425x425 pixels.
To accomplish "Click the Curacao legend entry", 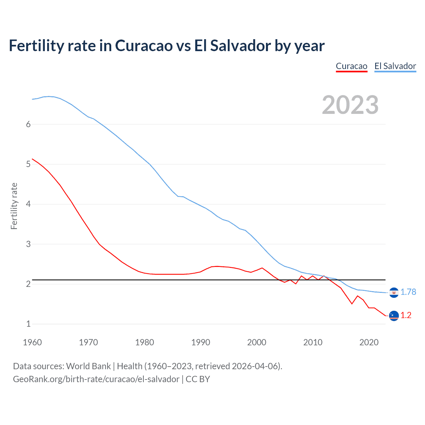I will coord(351,66).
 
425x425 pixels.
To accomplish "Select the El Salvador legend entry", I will coord(395,66).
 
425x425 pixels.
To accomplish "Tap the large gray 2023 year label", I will coord(350,105).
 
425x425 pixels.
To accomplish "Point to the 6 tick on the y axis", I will coord(28,124).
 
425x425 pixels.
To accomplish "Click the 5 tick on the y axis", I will coord(28,164).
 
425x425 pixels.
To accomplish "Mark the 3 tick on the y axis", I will coord(28,244).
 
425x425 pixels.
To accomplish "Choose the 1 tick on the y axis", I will coord(28,324).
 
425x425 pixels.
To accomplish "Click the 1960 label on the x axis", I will coord(32,342).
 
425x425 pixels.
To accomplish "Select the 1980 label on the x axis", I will coord(144,342).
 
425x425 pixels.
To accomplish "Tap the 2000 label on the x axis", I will coord(257,342).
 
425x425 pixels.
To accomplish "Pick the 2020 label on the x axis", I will coord(369,342).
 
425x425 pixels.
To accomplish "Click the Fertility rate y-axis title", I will coord(14,206).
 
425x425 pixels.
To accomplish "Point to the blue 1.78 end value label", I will coord(408,292).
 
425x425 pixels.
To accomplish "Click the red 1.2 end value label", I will coord(406,315).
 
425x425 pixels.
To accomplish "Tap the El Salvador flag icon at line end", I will coord(394,293).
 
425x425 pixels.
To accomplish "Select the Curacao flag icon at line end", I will coord(394,315).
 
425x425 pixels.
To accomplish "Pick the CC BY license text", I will coord(198,379).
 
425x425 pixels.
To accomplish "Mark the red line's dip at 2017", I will coord(352,303).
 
